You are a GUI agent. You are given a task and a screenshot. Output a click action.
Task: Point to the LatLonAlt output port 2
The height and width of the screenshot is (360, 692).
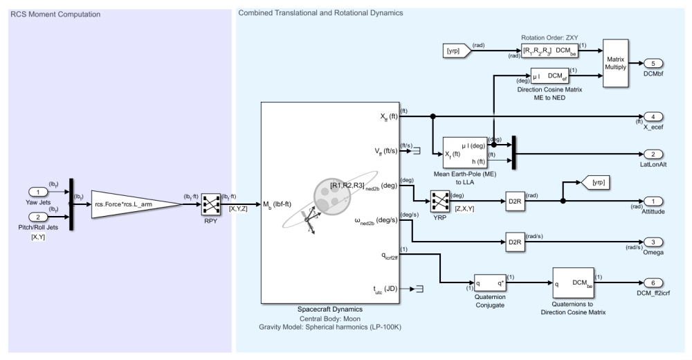(x=653, y=154)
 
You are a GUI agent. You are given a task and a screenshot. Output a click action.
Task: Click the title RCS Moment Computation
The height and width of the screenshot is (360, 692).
(x=55, y=13)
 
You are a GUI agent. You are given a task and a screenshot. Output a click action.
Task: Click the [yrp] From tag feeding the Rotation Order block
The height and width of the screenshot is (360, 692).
(x=456, y=50)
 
